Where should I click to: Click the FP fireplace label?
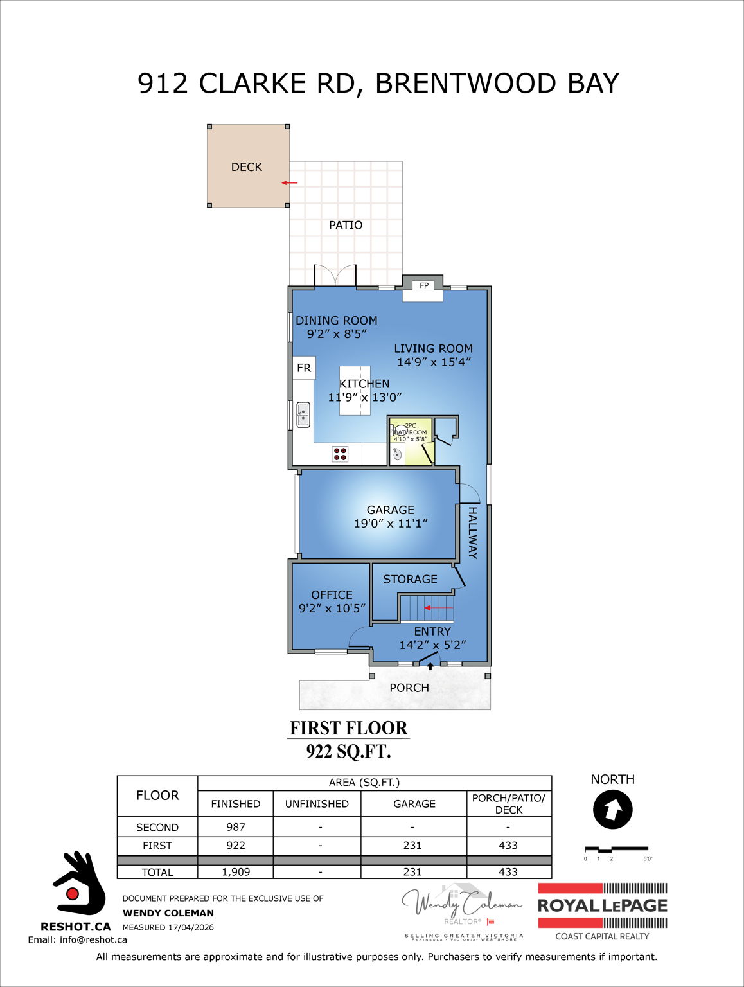(424, 285)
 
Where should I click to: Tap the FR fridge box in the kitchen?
(304, 368)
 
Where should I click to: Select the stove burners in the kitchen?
(340, 454)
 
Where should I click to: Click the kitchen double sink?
(303, 414)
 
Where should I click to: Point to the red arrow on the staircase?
(439, 607)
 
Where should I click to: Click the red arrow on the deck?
(290, 183)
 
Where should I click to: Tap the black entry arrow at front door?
(430, 666)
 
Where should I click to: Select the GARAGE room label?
(390, 510)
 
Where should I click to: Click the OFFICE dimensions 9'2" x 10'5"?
(332, 608)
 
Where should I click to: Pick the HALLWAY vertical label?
(472, 533)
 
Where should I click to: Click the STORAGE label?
(410, 579)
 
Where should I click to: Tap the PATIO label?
(346, 225)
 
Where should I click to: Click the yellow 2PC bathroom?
(411, 441)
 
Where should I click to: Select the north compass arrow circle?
(613, 810)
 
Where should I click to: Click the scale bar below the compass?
(616, 849)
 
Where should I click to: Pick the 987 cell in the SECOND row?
(235, 827)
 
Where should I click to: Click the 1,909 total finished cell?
(235, 872)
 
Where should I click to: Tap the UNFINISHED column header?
(317, 804)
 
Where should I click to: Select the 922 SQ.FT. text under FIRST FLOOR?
(348, 751)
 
